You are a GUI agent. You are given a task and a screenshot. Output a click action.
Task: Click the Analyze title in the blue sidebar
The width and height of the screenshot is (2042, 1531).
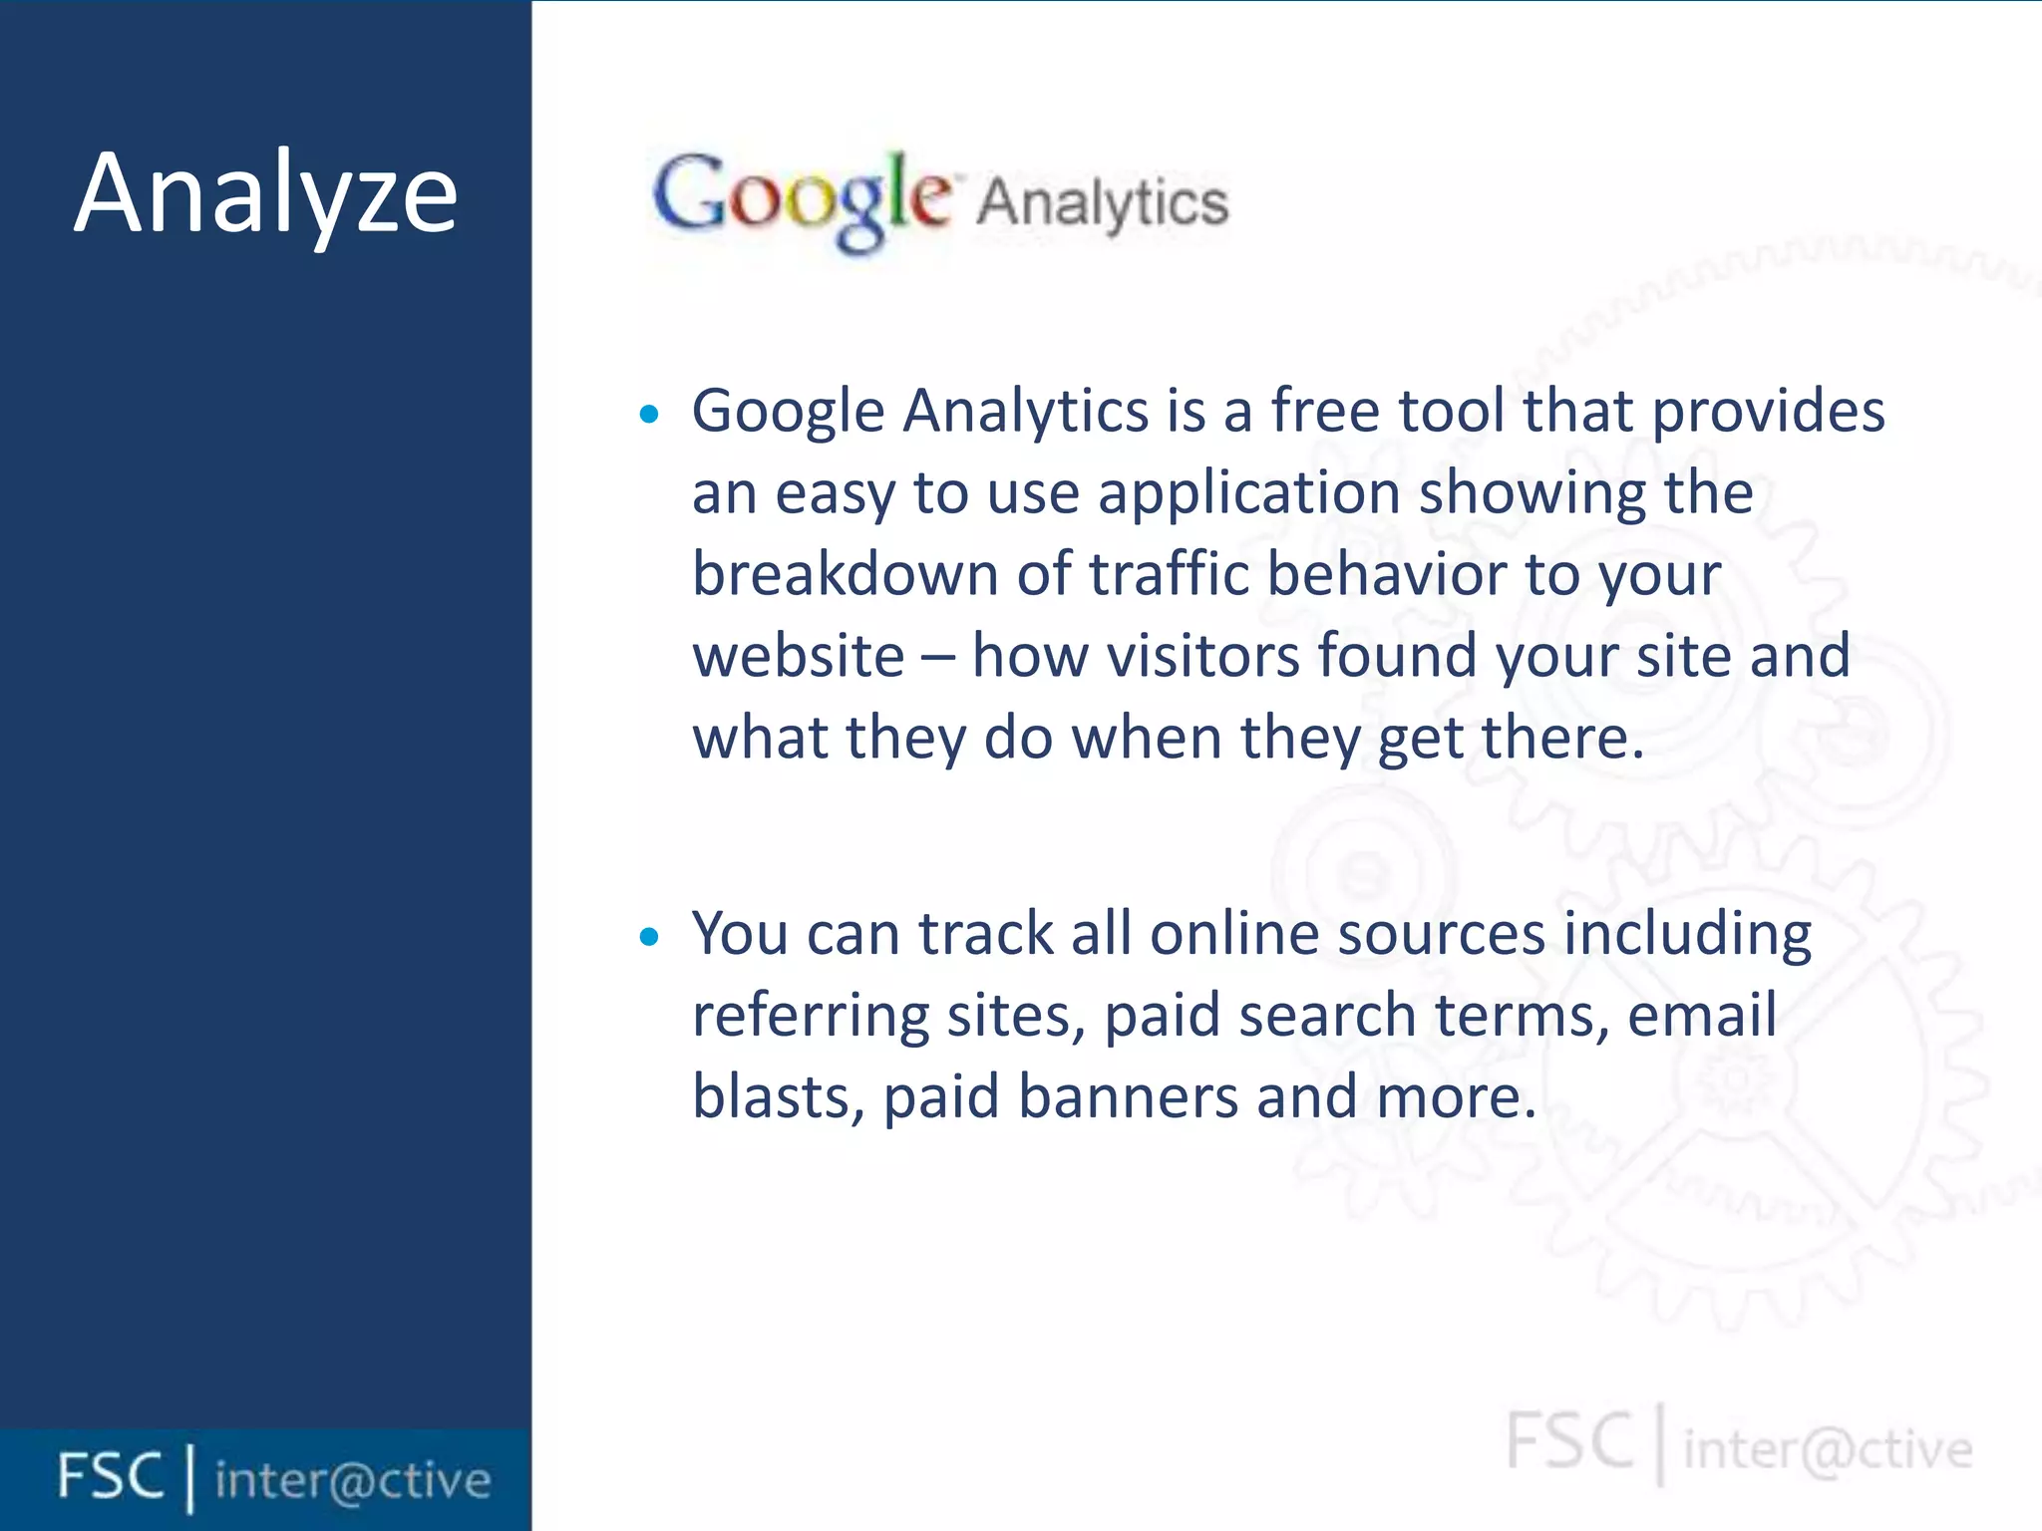265,193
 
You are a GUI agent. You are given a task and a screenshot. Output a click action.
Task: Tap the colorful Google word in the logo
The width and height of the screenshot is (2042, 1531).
802,199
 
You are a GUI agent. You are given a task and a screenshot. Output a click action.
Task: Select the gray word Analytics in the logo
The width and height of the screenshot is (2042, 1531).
1102,203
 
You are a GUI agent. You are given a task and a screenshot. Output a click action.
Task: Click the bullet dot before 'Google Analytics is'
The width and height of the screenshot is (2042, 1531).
649,414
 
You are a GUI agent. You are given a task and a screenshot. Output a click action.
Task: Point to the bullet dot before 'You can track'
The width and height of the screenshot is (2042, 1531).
649,936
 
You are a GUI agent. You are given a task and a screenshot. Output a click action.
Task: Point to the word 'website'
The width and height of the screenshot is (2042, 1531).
798,657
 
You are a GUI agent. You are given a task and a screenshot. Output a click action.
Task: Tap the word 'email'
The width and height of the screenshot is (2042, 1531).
1701,1016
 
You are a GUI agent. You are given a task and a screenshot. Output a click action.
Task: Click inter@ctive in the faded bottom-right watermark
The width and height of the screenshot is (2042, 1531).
1828,1449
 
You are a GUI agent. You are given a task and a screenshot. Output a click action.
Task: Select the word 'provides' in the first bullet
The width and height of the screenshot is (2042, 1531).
1768,411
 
